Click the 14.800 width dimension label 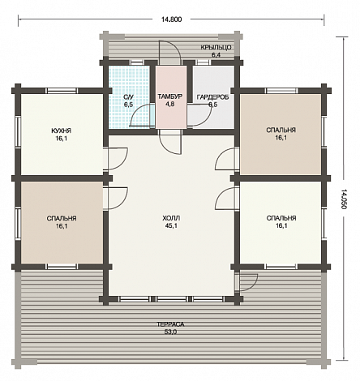171,19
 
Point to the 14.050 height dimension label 344,199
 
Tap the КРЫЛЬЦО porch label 216,48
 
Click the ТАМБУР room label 170,96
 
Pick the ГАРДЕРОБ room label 212,97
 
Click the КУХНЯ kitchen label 61,131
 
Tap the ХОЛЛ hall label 171,218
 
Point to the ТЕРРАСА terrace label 170,324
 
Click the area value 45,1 171,226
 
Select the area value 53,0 170,332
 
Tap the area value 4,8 170,105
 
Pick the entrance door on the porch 169,52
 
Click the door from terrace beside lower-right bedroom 247,282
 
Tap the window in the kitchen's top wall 61,91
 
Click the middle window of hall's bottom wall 172,299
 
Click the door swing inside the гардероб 199,116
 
